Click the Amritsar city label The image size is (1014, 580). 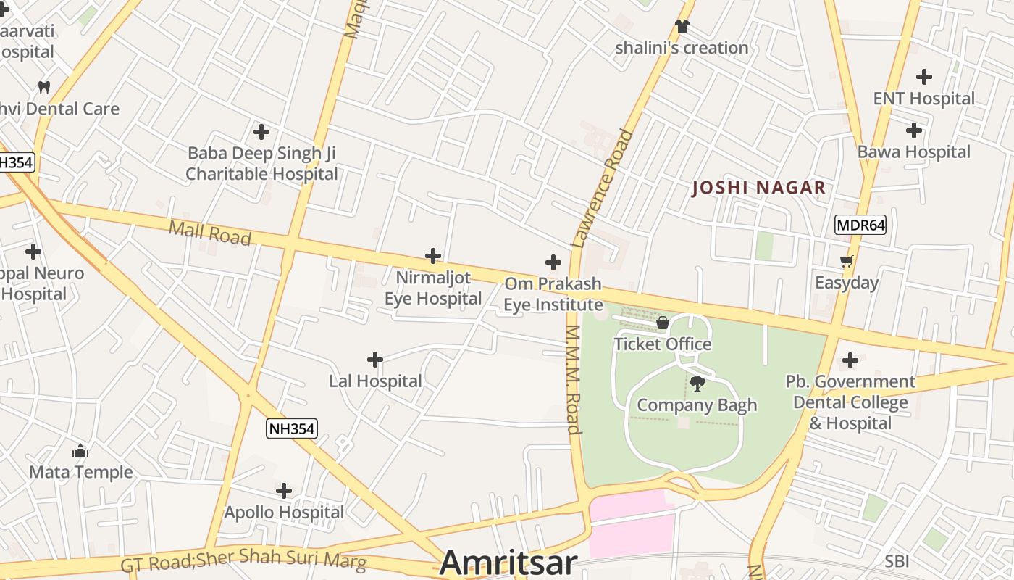tap(508, 563)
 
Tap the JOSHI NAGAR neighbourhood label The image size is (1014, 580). tap(758, 188)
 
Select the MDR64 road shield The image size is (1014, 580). tap(860, 225)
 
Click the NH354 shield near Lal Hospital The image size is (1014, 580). tap(291, 428)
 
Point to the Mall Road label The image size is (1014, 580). tap(209, 233)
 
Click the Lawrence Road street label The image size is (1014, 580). tap(603, 188)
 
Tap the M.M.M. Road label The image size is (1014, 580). tap(573, 379)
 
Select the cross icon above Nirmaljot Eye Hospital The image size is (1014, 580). tap(433, 256)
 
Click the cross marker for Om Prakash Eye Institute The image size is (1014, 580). tap(553, 262)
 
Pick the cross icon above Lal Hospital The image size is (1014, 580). tap(375, 360)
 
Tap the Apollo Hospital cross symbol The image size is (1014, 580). tap(284, 491)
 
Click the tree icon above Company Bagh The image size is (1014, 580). tap(697, 384)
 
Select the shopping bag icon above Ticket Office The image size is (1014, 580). tap(662, 323)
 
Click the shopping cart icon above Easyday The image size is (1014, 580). tap(846, 261)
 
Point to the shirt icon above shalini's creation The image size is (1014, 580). tap(682, 26)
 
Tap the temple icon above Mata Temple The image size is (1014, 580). tap(80, 451)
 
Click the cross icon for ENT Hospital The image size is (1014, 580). tap(924, 76)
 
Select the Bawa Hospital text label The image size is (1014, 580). tap(913, 152)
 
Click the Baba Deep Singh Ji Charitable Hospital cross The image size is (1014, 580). tap(261, 132)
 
